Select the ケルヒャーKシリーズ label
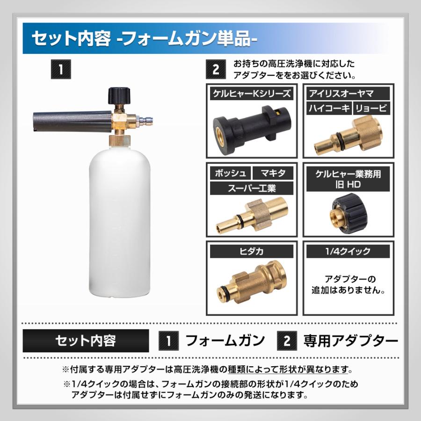tap(251, 94)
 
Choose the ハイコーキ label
tap(328, 109)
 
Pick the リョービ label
tap(370, 109)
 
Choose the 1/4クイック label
tap(348, 251)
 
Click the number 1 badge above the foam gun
tap(60, 70)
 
